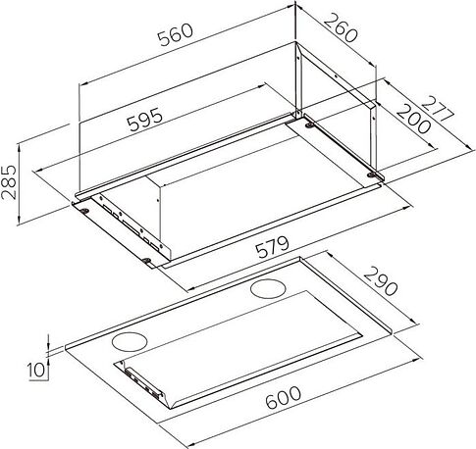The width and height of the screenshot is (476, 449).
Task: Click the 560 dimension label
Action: click(x=180, y=33)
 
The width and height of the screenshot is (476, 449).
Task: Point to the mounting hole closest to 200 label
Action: click(x=373, y=175)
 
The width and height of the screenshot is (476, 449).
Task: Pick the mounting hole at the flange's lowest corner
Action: click(x=147, y=260)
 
